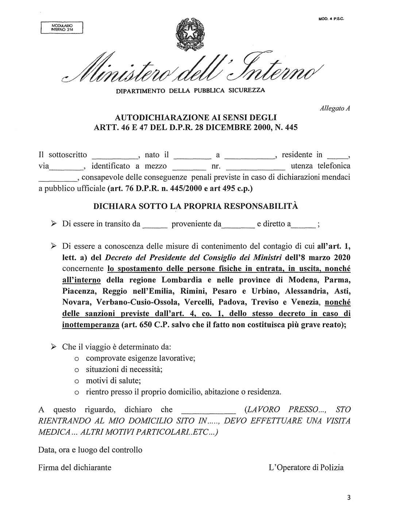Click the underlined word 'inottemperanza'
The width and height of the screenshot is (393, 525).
90,325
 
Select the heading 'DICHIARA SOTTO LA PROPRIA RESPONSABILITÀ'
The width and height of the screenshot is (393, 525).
196,206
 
